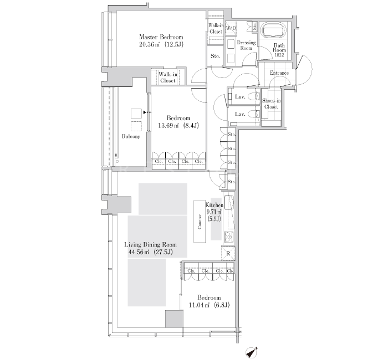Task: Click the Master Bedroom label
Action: (x=161, y=37)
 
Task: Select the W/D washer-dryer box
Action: (x=231, y=28)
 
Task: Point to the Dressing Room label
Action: (x=246, y=45)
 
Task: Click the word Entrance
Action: (x=279, y=73)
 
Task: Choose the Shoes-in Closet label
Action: (x=271, y=104)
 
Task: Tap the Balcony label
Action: (x=131, y=136)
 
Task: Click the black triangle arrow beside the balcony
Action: (x=145, y=112)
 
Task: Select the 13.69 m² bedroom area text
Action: (x=178, y=126)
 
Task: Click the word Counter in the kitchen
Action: (x=200, y=222)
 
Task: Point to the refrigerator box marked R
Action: (x=228, y=254)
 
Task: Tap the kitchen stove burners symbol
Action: (x=229, y=237)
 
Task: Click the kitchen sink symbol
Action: (x=229, y=202)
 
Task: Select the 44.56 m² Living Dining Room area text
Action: (x=150, y=253)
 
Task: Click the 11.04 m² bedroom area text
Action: (x=209, y=305)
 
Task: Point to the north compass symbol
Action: (x=252, y=352)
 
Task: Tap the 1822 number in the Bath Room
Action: (x=279, y=55)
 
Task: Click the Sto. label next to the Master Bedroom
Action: (x=215, y=56)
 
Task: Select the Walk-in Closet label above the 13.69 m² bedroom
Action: (x=168, y=77)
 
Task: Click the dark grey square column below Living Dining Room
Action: (x=174, y=318)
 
